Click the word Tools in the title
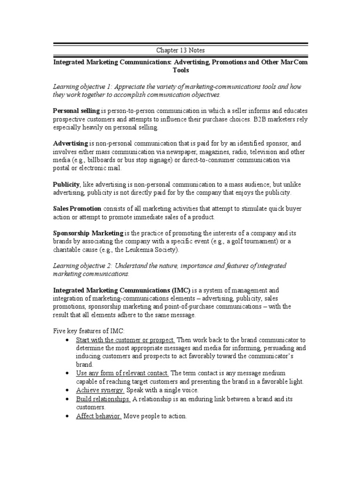click(180, 70)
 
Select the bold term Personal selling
click(76, 111)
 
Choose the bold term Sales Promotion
click(77, 209)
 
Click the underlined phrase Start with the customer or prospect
click(126, 340)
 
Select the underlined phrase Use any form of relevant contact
click(122, 373)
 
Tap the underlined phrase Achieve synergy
click(100, 390)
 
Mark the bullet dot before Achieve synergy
click(69, 390)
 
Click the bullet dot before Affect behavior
click(69, 416)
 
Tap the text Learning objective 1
click(83, 87)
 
